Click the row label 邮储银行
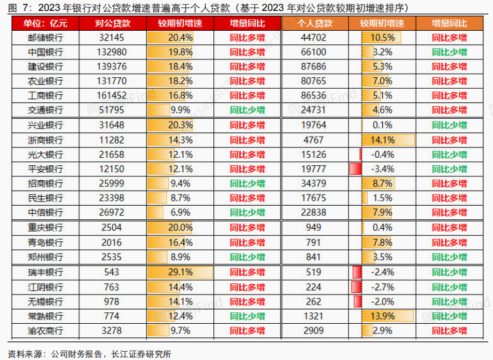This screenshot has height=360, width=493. tap(45, 37)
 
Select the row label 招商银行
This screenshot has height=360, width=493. tap(45, 183)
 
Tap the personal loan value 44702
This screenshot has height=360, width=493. tap(315, 37)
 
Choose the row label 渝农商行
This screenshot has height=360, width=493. tap(45, 331)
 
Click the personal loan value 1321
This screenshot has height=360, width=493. tap(315, 316)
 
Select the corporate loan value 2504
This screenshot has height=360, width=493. tap(112, 227)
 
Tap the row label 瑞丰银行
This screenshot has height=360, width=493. tap(45, 272)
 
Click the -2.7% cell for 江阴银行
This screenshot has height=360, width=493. tap(382, 287)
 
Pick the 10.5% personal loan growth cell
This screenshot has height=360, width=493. tap(382, 37)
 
